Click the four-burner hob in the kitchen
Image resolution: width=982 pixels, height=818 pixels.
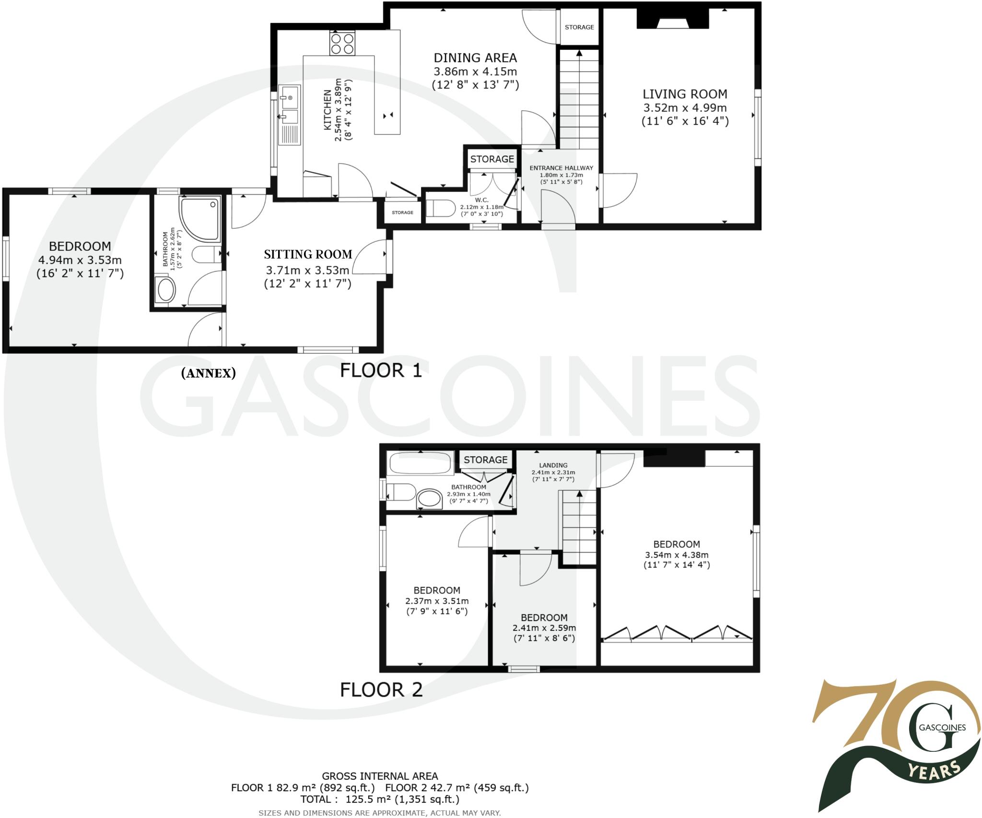click(x=342, y=43)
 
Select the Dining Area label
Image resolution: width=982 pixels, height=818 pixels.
click(x=475, y=58)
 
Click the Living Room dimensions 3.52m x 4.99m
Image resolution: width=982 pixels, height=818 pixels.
click(x=685, y=108)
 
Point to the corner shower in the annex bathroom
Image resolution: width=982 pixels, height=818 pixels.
click(x=200, y=217)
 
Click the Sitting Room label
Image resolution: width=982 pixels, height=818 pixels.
click(x=308, y=254)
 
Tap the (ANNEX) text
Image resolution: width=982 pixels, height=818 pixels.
click(x=208, y=373)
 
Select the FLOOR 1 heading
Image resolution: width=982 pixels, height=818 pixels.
click(x=381, y=370)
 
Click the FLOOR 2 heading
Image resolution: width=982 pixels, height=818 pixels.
click(x=381, y=690)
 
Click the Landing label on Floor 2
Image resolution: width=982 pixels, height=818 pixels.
click(x=553, y=465)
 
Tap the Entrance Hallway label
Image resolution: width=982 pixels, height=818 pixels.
click(x=561, y=168)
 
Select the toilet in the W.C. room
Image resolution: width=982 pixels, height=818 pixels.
click(x=441, y=209)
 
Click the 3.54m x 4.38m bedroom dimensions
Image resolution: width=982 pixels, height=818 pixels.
click(x=677, y=555)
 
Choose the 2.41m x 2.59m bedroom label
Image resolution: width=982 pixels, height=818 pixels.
click(x=544, y=617)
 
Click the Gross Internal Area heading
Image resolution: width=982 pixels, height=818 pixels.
click(x=380, y=776)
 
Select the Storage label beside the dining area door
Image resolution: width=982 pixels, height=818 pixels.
click(x=579, y=27)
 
